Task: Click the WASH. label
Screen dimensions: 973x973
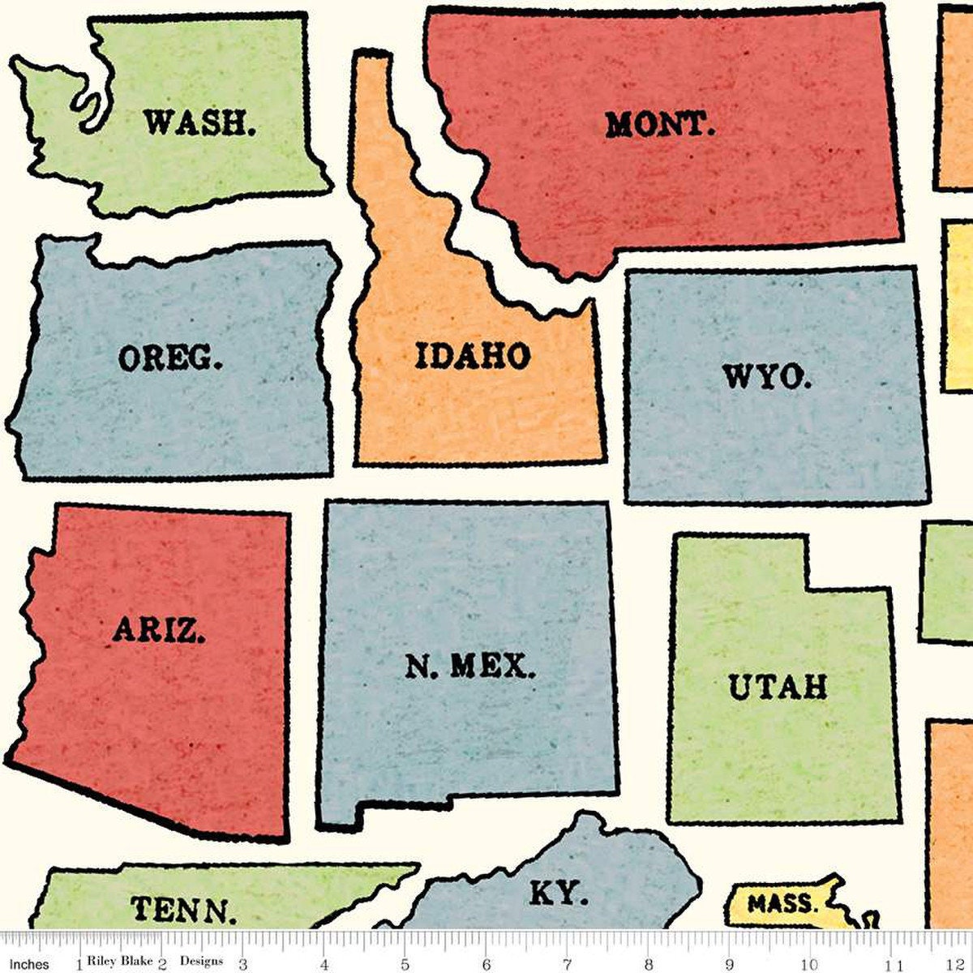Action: coord(199,123)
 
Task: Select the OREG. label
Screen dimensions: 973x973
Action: coord(169,358)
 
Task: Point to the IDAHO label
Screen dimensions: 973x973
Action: coord(473,356)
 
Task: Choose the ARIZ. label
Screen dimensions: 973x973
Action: coord(158,629)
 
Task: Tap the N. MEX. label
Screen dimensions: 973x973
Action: coord(470,667)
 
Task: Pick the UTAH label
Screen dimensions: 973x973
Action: coord(778,687)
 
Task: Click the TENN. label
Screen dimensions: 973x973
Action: coord(184,910)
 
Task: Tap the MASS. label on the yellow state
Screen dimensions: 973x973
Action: coord(782,903)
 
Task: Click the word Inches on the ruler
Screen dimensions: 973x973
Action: coord(29,964)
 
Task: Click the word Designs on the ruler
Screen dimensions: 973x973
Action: coord(201,961)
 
